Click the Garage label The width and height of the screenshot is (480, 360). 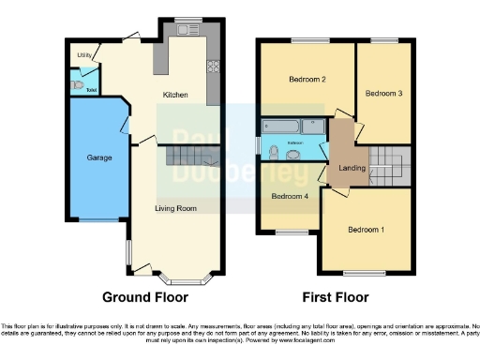point(99,157)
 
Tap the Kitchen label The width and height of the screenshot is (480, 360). point(175,95)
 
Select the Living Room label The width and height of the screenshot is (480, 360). point(175,207)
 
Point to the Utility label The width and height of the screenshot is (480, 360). point(83,56)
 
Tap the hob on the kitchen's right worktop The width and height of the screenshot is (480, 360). point(212,67)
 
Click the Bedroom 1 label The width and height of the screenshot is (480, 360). point(366,230)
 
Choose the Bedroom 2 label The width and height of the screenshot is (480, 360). point(306,80)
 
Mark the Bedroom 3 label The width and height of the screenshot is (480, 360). point(383,94)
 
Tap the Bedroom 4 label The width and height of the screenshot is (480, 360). point(289,197)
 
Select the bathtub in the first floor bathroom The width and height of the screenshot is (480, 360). point(291,126)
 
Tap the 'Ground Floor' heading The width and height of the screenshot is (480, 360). point(144,297)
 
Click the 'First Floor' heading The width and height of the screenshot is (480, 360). point(334,297)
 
